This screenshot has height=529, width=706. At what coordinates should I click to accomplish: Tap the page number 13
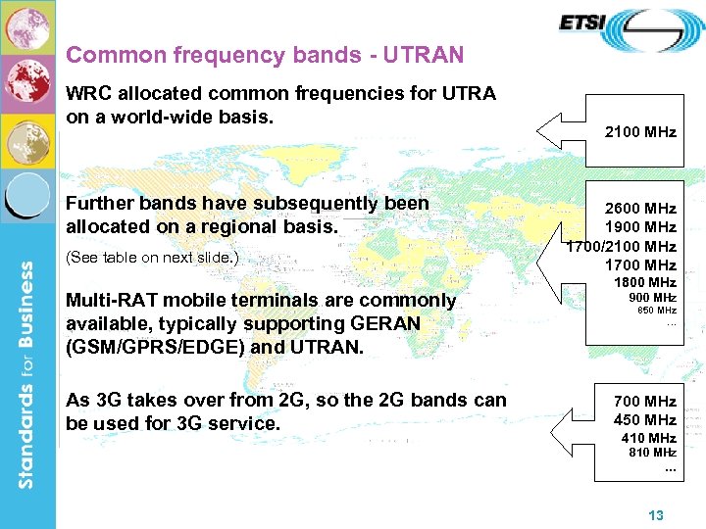click(x=657, y=515)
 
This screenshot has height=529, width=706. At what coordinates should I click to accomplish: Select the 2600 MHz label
click(x=640, y=209)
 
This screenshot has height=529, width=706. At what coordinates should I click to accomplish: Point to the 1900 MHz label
click(x=640, y=227)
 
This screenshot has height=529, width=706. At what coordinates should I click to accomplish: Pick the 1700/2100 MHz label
click(x=621, y=246)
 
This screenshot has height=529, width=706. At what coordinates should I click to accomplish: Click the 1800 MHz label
click(x=644, y=282)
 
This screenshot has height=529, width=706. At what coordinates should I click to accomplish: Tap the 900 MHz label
click(x=652, y=297)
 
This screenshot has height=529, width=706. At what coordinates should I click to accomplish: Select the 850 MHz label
click(x=657, y=310)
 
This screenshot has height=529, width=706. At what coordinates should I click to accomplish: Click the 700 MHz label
click(x=644, y=401)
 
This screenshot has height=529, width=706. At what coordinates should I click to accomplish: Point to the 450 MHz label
click(x=644, y=419)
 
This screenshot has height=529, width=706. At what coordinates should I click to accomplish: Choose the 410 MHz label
click(x=648, y=438)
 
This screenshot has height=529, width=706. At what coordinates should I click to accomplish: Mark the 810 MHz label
click(x=652, y=453)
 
